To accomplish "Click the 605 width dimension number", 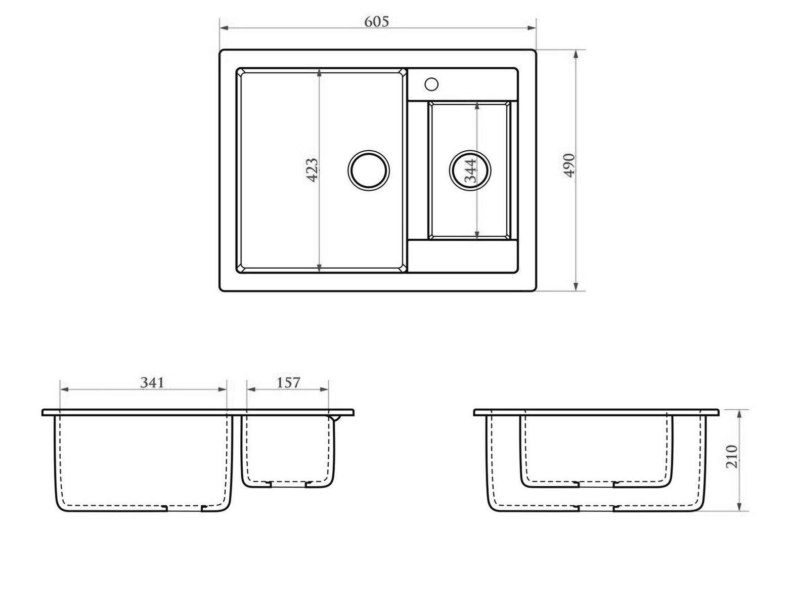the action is click(376, 22).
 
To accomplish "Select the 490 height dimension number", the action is click(569, 165).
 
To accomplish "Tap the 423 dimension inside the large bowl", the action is click(312, 170).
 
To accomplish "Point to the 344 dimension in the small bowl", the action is click(470, 171).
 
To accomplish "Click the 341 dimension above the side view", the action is click(152, 382).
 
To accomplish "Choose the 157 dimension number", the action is click(288, 382).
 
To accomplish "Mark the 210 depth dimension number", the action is click(732, 457).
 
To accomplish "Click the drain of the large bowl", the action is click(369, 170).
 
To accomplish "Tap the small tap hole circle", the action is click(431, 84).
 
